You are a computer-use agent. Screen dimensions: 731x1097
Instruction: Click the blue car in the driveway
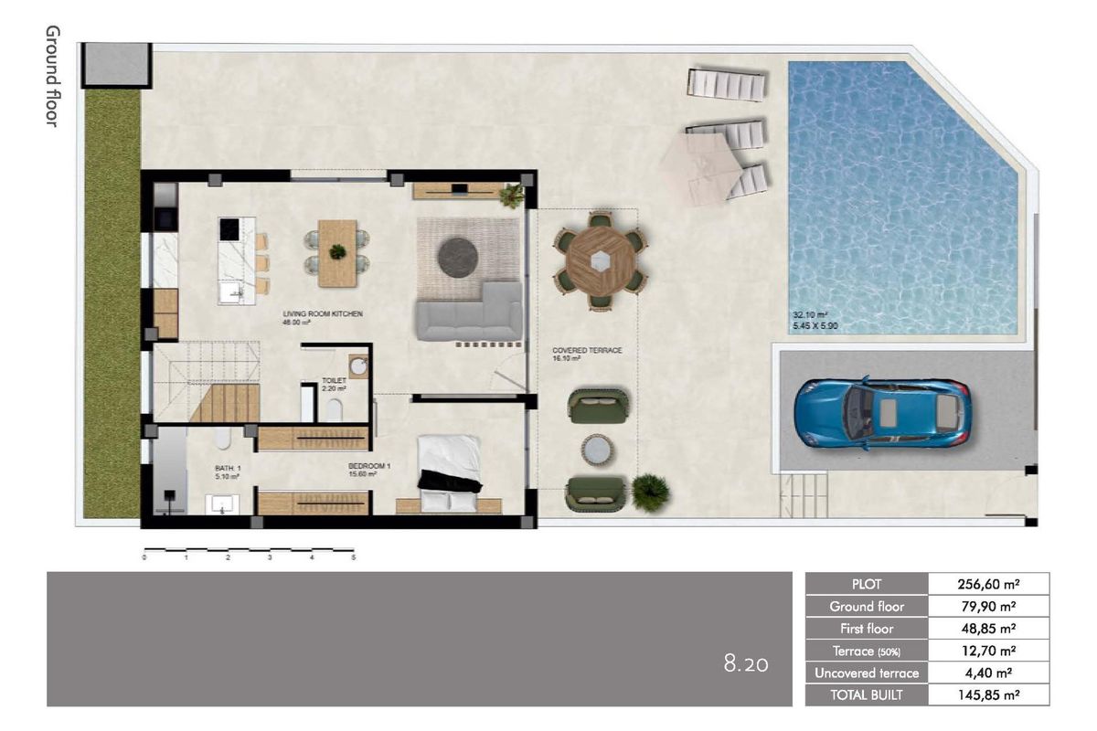coord(881,413)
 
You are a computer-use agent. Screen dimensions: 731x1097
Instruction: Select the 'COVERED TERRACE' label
coord(587,350)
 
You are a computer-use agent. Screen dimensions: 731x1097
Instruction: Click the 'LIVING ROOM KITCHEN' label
coord(323,313)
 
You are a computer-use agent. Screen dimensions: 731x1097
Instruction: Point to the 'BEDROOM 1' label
coord(369,466)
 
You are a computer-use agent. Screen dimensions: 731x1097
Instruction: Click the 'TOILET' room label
coord(333,380)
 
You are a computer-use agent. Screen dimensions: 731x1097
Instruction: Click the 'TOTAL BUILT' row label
coord(867,694)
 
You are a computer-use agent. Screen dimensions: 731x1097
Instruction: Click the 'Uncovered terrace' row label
coord(867,673)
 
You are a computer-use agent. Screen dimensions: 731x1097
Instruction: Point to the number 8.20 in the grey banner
coord(746,664)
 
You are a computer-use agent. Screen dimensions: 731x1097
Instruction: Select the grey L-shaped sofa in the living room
coord(469,315)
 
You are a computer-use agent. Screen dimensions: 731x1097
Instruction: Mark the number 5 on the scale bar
coord(353,556)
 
